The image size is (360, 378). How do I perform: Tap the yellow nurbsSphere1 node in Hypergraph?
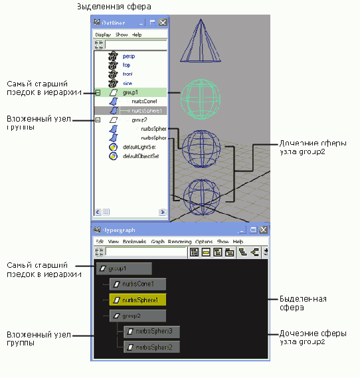[x=137, y=300]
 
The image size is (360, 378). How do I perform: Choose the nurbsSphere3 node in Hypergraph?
[x=151, y=331]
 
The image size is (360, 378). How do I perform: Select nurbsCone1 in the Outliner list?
[x=143, y=101]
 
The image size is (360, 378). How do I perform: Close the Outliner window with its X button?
[x=162, y=23]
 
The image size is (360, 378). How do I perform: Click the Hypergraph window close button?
[x=263, y=229]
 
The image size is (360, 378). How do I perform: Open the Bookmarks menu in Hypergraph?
[x=135, y=242]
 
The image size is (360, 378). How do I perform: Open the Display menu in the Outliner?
[x=103, y=35]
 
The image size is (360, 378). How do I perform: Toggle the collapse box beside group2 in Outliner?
[x=98, y=120]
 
